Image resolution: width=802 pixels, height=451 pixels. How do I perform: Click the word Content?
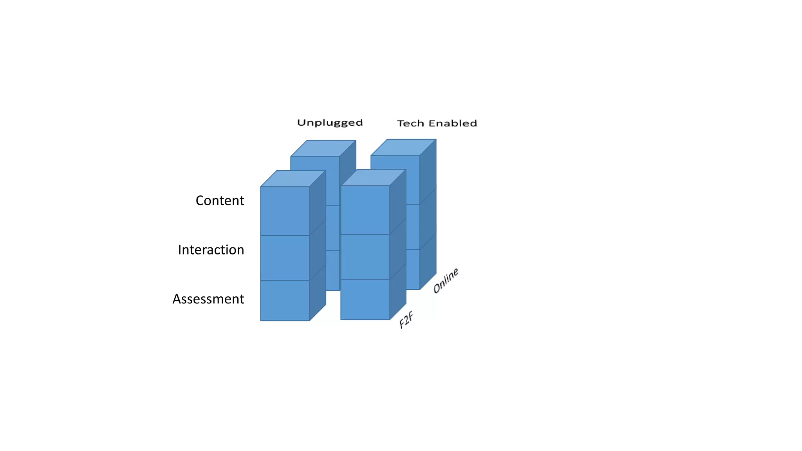(220, 200)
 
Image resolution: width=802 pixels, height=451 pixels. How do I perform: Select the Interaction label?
(211, 250)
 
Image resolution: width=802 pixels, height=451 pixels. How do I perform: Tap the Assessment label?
(208, 299)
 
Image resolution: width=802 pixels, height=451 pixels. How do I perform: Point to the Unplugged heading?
(330, 123)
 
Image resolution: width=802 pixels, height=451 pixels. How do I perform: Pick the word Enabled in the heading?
(453, 123)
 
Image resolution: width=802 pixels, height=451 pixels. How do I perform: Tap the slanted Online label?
(446, 280)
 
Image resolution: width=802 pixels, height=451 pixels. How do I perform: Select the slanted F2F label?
(406, 320)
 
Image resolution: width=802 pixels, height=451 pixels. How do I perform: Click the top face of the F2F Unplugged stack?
(293, 179)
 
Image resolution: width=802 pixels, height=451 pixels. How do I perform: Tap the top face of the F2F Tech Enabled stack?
(374, 177)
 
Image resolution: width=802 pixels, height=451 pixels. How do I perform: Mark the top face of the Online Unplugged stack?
(323, 148)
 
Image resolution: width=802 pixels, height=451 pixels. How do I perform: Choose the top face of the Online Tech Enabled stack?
(404, 147)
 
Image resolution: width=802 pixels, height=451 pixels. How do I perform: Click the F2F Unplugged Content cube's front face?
(285, 211)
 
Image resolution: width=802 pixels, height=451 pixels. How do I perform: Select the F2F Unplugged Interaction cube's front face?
(285, 258)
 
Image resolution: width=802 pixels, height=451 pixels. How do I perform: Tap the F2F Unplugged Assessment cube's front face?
(285, 301)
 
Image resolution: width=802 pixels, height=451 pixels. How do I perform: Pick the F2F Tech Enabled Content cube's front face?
(365, 210)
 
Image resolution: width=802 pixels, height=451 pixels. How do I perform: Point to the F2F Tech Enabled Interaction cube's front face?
(365, 257)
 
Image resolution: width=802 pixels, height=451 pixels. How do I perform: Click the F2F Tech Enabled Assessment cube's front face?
(365, 300)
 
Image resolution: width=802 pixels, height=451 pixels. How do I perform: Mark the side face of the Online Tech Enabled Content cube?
(428, 172)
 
